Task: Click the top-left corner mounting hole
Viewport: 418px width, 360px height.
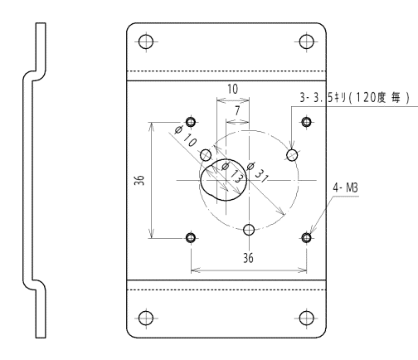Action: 146,41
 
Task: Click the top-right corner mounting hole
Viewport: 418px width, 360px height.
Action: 307,41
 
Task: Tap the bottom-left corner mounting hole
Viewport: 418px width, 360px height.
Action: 146,318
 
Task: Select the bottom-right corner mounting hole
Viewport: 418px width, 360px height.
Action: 307,318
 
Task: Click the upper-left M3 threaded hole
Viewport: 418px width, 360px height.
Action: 191,122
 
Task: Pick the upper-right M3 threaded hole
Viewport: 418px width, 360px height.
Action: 306,122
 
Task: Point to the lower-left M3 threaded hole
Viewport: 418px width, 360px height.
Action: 191,237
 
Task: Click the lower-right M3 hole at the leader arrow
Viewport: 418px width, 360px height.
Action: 306,237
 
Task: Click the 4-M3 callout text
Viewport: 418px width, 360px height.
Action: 345,188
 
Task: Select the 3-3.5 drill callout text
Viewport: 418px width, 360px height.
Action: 354,98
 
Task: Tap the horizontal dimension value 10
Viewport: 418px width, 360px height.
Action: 232,89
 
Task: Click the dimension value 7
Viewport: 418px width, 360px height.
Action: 237,110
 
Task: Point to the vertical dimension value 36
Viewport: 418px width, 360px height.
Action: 139,180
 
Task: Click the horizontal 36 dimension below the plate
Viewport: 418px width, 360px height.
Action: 248,258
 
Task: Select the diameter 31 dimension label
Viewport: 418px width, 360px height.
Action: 258,173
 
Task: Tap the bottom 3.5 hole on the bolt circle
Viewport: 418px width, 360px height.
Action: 249,230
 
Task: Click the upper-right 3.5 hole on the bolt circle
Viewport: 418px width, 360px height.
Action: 292,155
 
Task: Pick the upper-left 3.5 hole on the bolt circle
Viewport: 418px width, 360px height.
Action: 206,155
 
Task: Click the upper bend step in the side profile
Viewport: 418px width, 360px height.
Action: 35,75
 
